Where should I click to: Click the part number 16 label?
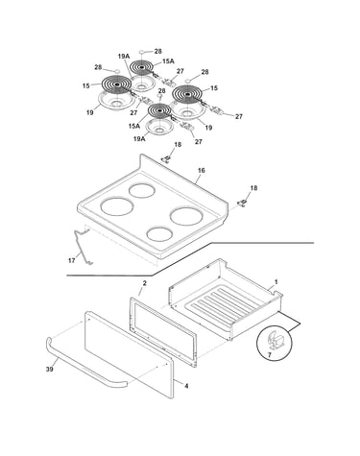click(201, 170)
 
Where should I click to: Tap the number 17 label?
click(71, 260)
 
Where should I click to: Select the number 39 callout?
click(50, 369)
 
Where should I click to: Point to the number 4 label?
click(186, 386)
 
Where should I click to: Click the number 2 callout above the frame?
click(144, 283)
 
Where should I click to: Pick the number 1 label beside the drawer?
click(276, 282)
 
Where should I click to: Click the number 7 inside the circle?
click(269, 355)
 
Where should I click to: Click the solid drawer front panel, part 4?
click(129, 354)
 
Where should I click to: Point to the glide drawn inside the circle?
click(276, 340)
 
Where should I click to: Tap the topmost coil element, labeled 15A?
click(142, 67)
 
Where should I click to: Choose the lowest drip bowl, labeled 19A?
click(159, 128)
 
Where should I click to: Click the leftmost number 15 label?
click(85, 85)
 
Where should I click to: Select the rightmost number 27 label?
click(239, 117)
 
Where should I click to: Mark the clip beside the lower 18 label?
click(242, 203)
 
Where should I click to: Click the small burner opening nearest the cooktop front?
click(160, 234)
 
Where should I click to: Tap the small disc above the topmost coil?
click(142, 52)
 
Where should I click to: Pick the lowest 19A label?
click(139, 138)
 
